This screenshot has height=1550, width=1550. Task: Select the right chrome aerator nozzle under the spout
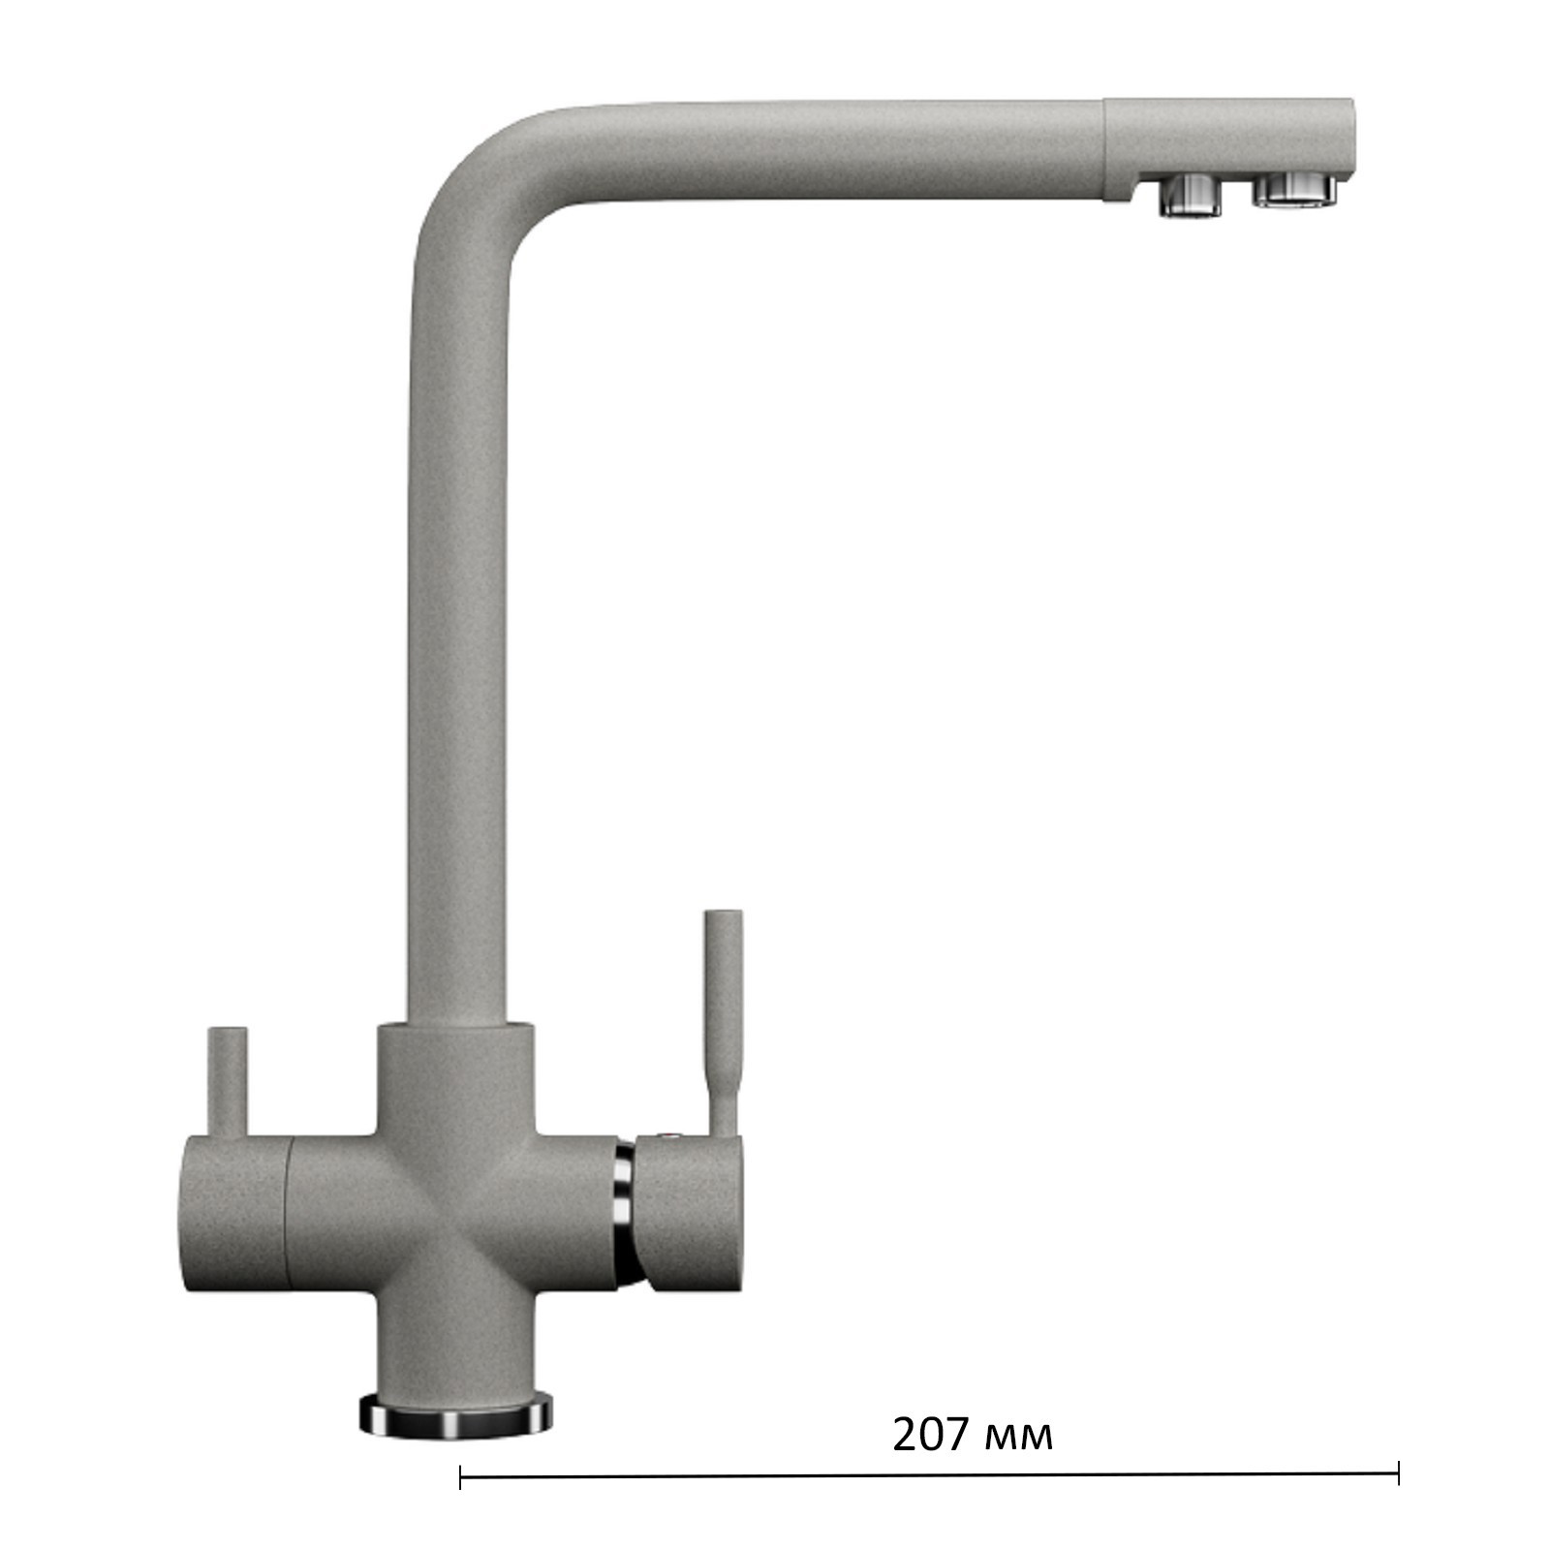tap(1295, 189)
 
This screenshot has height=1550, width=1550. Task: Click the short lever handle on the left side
tap(229, 1082)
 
